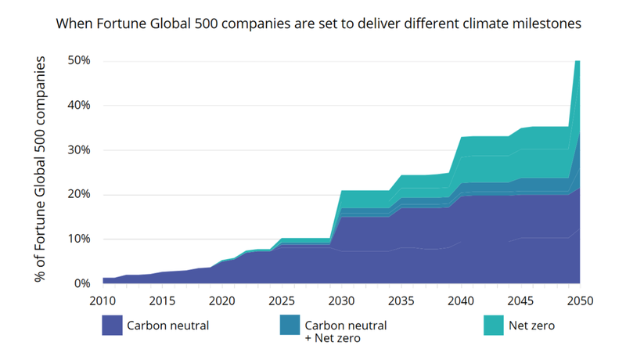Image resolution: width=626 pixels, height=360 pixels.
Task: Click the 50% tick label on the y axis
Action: [80, 61]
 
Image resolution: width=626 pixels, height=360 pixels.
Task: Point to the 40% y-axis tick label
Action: [80, 106]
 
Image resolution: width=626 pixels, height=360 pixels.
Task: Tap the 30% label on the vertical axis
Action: [80, 150]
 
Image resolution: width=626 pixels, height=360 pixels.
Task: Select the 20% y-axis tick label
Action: [80, 195]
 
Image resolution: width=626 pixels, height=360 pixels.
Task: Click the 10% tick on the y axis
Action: [80, 239]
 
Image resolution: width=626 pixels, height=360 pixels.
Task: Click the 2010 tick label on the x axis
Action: [103, 301]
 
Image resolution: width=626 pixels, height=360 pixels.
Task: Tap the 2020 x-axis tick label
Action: [222, 301]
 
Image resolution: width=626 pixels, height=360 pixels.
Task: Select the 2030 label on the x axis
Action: [341, 301]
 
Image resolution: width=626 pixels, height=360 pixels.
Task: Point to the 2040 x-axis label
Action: [461, 301]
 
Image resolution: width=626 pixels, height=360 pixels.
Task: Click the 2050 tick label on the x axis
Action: [579, 301]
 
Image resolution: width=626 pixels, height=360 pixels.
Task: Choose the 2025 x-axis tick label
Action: [282, 301]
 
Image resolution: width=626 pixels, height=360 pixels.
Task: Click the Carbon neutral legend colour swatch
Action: [113, 326]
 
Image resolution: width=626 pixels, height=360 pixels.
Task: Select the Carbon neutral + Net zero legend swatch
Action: [290, 326]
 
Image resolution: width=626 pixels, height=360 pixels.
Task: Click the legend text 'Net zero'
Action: [532, 326]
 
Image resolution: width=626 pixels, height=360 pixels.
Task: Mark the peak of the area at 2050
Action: [577, 61]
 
